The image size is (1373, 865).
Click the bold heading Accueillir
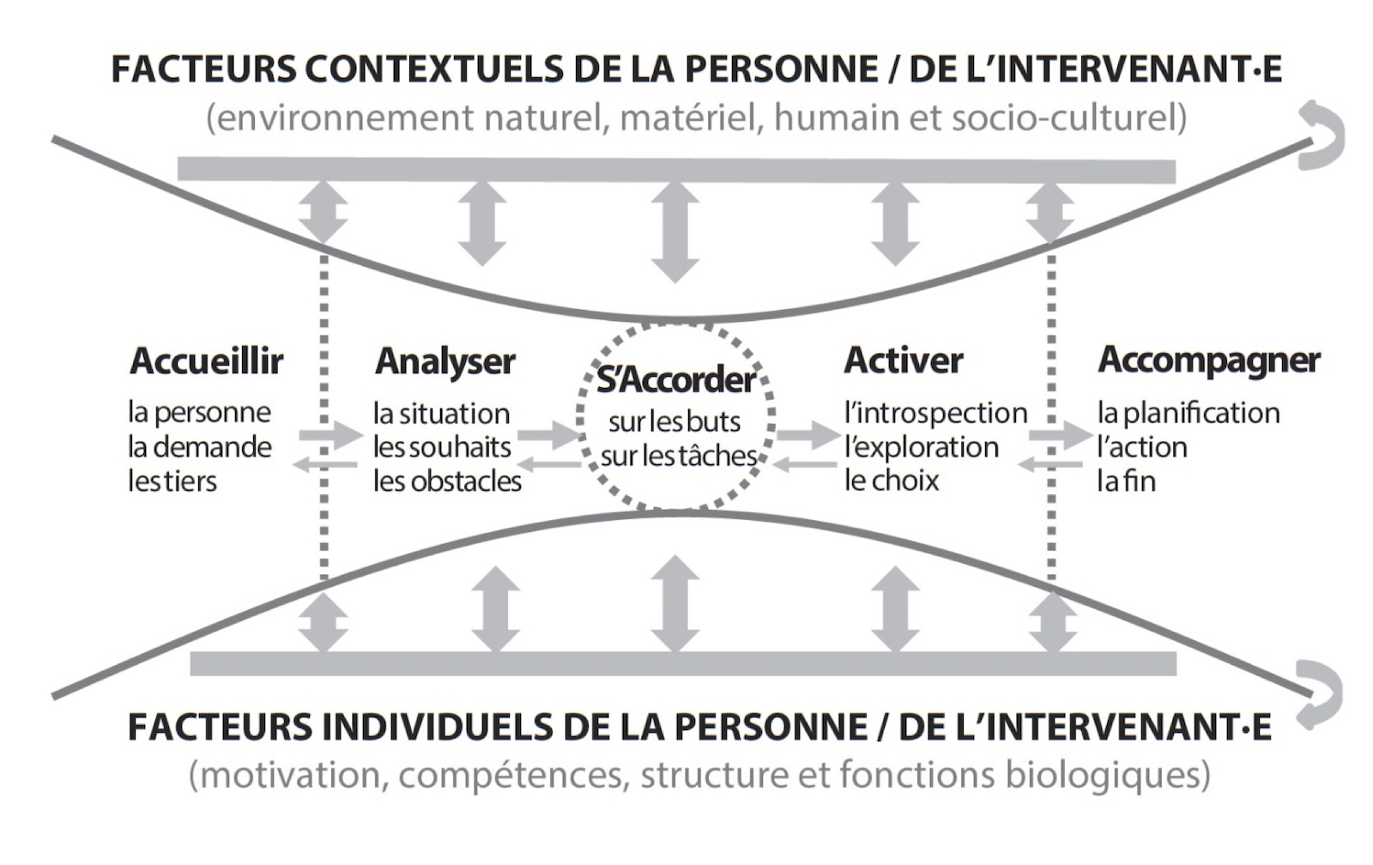(207, 361)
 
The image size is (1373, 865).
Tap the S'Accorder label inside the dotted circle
(676, 381)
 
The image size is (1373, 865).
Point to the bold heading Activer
(904, 360)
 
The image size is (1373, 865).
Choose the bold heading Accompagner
(1209, 361)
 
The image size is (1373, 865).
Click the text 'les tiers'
(172, 481)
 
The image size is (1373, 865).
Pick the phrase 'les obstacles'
(447, 482)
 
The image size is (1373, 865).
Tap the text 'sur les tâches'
(679, 457)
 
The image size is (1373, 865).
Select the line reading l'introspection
(936, 413)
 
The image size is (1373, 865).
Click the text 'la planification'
(1189, 414)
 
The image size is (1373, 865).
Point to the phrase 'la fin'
(1127, 481)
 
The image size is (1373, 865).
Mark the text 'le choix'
(892, 481)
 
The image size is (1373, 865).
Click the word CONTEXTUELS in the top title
(434, 70)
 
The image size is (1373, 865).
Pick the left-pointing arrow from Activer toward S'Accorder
(805, 465)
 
